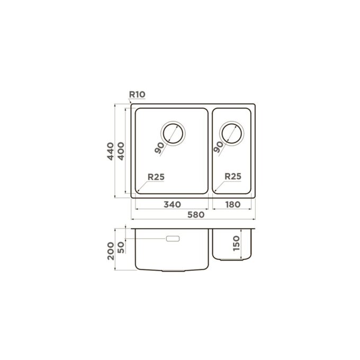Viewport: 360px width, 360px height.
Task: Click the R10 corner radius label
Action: click(137, 94)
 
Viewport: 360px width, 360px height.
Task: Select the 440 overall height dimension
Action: click(111, 151)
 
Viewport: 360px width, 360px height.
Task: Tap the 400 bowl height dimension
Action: click(121, 151)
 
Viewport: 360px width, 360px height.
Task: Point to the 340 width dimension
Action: click(172, 204)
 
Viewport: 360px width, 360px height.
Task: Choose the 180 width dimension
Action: click(233, 204)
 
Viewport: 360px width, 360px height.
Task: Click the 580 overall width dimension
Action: click(196, 214)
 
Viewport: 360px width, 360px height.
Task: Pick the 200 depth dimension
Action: click(111, 251)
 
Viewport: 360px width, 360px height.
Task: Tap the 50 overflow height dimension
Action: click(121, 248)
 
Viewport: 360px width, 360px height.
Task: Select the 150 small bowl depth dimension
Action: click(236, 244)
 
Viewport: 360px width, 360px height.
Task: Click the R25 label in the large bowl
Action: click(156, 177)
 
